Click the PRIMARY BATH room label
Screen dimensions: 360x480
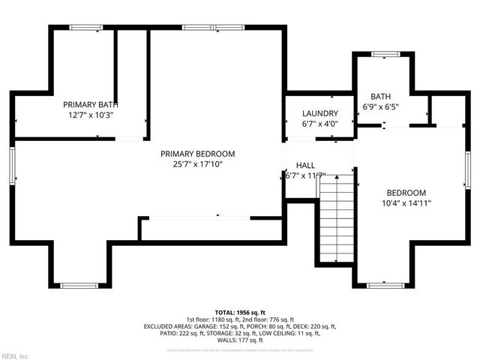coord(90,104)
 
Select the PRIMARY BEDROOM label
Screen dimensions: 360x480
coord(197,153)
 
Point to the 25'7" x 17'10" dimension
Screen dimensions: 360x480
coord(197,163)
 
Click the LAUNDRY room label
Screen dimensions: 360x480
coord(320,113)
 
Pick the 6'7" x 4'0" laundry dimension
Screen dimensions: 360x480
coord(320,124)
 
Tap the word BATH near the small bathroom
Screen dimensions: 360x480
coord(380,96)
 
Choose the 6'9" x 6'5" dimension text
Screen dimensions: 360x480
coord(380,106)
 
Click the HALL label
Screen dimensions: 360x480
coord(305,165)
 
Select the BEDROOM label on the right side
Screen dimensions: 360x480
coord(406,192)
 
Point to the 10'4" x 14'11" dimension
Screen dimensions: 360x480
coord(406,202)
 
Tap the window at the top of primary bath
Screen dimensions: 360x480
coord(85,28)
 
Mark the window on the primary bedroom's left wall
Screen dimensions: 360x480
coord(13,164)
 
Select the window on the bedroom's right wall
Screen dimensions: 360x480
coord(466,169)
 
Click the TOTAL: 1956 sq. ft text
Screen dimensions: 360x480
coord(240,311)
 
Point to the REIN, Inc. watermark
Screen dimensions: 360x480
coord(14,355)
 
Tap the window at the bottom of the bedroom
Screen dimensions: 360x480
coord(384,285)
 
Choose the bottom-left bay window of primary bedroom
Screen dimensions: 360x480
coord(79,285)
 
